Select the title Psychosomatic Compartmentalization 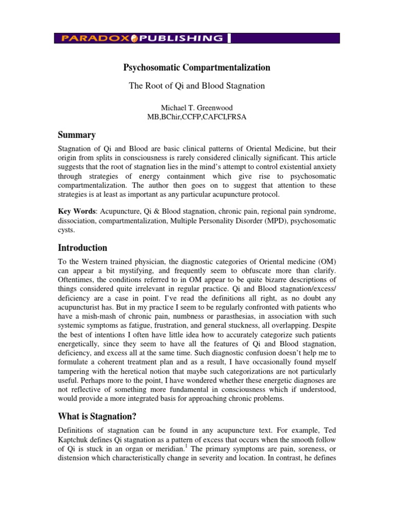coord(196,67)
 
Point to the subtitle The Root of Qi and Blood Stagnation coord(196,86)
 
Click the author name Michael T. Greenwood coord(196,108)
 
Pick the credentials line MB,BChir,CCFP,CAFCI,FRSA coord(196,117)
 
